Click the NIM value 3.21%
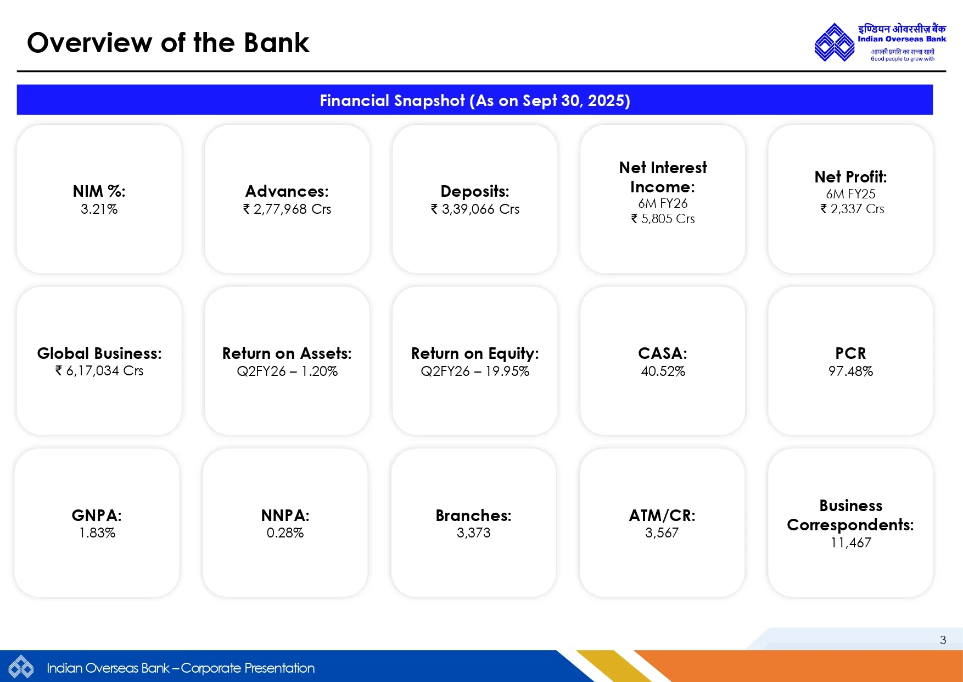click(99, 209)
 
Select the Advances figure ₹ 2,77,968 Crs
click(287, 209)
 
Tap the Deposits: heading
click(475, 191)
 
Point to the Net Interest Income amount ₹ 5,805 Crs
click(663, 219)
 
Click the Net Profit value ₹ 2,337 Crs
click(852, 209)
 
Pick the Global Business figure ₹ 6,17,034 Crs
click(99, 371)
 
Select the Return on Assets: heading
click(287, 353)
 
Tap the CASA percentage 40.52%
click(663, 372)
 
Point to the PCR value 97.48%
click(850, 372)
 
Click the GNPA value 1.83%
click(97, 533)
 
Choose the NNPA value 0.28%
click(285, 533)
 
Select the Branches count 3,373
click(473, 533)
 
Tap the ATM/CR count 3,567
click(662, 533)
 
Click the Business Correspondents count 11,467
click(850, 543)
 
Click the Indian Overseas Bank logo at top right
click(834, 42)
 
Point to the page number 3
click(943, 640)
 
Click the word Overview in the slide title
click(89, 43)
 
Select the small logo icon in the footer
click(21, 667)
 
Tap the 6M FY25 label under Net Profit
click(850, 194)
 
